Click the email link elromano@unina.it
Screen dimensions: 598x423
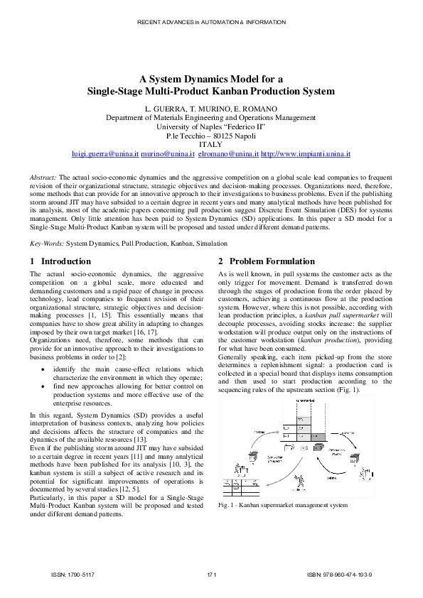(228, 153)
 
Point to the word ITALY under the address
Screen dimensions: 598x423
(211, 144)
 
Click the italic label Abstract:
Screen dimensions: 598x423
(43, 176)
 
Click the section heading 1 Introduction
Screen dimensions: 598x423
(60, 261)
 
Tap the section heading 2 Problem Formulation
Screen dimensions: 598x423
(266, 261)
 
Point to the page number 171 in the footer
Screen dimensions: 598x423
(211, 574)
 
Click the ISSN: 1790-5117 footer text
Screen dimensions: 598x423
(73, 574)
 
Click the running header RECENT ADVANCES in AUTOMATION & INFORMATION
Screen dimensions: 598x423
(211, 22)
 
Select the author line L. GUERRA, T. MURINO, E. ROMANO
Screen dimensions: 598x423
(211, 108)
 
